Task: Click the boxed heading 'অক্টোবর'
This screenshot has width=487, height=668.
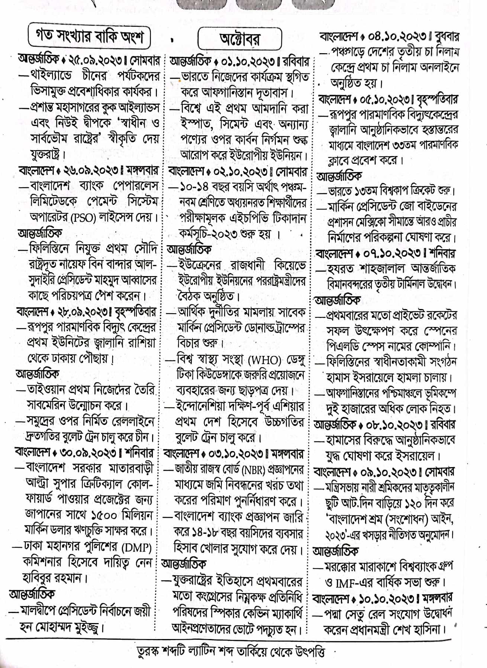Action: point(240,39)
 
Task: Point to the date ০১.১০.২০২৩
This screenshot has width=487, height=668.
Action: point(249,61)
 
